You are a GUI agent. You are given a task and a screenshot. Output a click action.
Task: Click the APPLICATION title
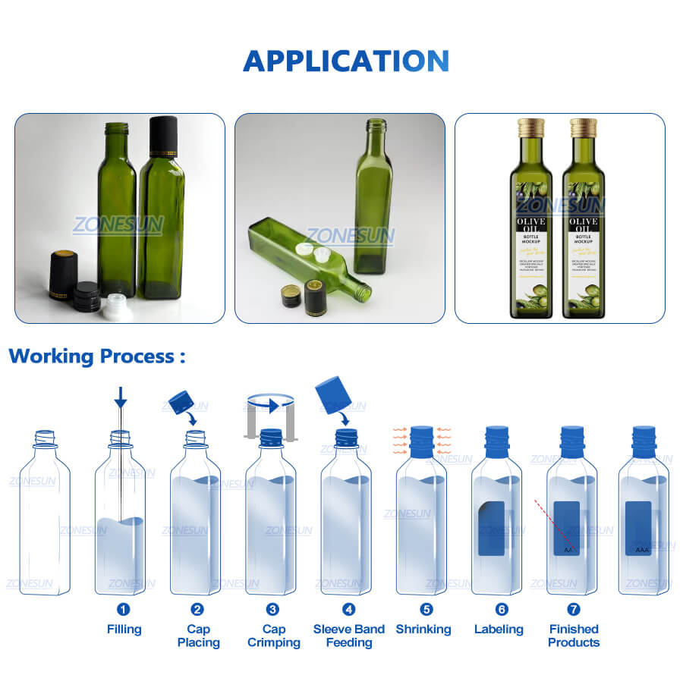pyautogui.click(x=345, y=61)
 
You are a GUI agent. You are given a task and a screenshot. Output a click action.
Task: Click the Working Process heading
pyautogui.click(x=96, y=356)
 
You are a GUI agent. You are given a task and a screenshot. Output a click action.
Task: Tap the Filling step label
pyautogui.click(x=124, y=629)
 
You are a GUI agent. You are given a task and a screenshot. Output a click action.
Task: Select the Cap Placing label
pyautogui.click(x=198, y=636)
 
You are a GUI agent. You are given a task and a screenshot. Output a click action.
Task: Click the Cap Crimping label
pyautogui.click(x=274, y=636)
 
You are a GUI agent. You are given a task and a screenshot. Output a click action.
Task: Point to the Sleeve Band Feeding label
pyautogui.click(x=349, y=636)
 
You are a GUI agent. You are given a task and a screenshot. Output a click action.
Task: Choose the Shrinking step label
pyautogui.click(x=423, y=629)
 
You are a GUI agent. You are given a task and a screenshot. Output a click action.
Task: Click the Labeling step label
pyautogui.click(x=499, y=629)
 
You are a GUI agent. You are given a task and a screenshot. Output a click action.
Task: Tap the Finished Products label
pyautogui.click(x=574, y=636)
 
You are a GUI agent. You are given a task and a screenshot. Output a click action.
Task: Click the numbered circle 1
pyautogui.click(x=124, y=609)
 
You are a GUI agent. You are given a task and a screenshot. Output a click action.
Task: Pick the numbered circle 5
pyautogui.click(x=426, y=609)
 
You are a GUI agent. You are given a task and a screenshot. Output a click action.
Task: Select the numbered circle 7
pyautogui.click(x=574, y=609)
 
